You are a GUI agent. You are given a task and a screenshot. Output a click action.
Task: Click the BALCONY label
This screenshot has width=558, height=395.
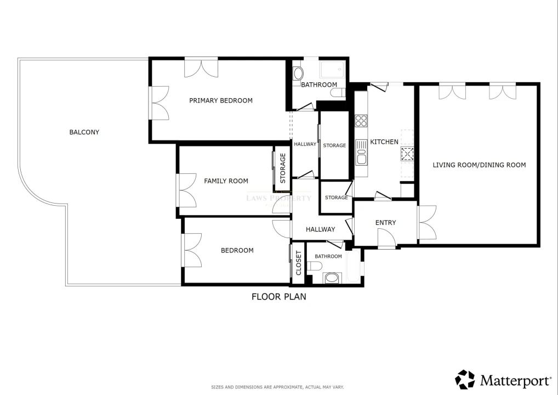click(84, 132)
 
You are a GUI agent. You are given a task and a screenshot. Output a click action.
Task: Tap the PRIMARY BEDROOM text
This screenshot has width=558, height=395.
click(220, 100)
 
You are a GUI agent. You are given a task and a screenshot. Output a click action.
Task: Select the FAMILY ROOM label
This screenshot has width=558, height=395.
click(226, 181)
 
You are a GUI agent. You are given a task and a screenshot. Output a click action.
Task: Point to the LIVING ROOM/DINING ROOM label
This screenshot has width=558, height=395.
click(479, 165)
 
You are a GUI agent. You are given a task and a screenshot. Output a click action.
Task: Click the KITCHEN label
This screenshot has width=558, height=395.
click(384, 142)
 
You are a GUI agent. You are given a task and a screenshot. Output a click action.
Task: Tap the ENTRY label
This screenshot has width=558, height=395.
click(385, 223)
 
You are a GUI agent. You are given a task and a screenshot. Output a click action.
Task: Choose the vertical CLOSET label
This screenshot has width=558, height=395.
click(299, 263)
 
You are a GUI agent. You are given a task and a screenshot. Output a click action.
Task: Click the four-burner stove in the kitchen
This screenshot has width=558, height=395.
click(361, 121)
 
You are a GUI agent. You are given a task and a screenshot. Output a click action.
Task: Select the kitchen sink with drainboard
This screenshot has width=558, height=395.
click(361, 152)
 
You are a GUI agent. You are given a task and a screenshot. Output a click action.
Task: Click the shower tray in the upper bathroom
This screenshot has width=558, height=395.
click(332, 69)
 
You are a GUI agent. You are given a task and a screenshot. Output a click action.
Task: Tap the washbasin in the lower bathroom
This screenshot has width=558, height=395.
click(332, 278)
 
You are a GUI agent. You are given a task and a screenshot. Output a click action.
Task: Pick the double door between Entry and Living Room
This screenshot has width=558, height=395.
click(426, 223)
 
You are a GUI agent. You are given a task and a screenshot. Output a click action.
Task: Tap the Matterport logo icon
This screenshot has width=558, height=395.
click(465, 379)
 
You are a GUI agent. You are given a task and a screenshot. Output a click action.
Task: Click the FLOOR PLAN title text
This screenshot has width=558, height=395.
click(278, 297)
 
